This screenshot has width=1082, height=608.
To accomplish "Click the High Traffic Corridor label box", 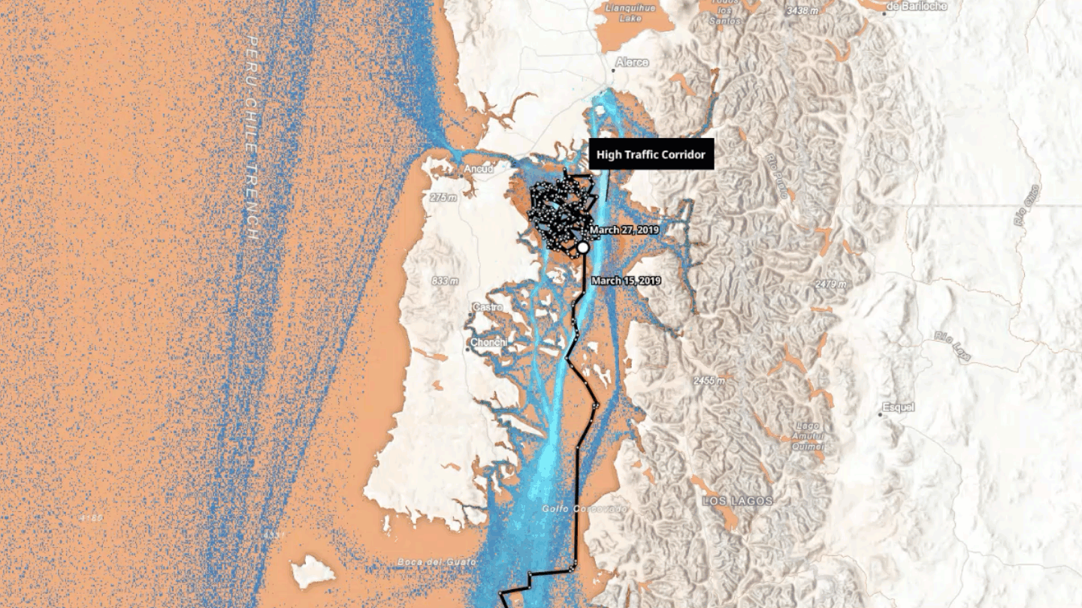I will click(651, 155).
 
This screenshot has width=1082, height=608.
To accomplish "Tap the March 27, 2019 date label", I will click(624, 230).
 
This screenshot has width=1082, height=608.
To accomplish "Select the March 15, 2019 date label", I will click(626, 281).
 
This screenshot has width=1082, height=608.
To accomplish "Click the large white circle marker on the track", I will click(582, 247).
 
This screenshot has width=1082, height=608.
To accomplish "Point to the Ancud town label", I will click(479, 169).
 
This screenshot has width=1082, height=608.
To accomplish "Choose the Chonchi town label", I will click(488, 343).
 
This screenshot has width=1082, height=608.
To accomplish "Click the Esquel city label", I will click(898, 408).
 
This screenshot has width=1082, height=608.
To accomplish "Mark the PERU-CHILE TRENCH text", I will click(252, 138).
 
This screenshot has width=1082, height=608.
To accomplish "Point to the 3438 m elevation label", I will click(802, 11).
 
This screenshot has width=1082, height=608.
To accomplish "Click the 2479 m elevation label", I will click(830, 284).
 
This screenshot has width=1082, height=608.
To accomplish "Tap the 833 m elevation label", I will click(445, 281).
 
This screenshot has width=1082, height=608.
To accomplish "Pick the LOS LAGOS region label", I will click(737, 501).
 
